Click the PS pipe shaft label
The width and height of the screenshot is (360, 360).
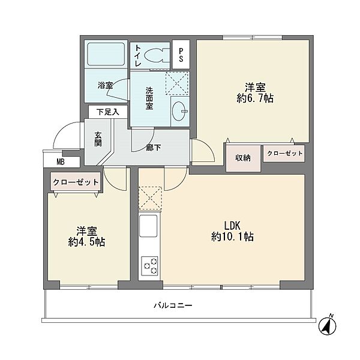(181, 55)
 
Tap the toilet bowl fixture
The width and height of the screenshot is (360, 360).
(157, 55)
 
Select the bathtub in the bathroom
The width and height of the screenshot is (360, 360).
(106, 54)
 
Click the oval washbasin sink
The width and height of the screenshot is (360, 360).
(180, 112)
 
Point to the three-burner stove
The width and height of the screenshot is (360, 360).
(149, 266)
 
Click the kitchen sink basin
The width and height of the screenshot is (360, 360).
(148, 226)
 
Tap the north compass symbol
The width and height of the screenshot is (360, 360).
(328, 325)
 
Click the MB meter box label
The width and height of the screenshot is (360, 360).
(61, 162)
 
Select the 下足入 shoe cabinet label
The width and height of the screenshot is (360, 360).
(108, 112)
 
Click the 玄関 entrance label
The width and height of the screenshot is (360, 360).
(98, 139)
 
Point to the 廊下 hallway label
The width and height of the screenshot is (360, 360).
(154, 148)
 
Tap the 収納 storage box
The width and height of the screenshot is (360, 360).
(243, 158)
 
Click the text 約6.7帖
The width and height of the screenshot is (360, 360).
(255, 98)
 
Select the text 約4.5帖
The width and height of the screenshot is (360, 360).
(86, 242)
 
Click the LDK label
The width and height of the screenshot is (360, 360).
(232, 226)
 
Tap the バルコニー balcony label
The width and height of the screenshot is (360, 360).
(173, 305)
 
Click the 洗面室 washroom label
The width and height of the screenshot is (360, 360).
(149, 98)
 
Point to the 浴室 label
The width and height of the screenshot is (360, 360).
(105, 86)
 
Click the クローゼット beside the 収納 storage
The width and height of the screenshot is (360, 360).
(284, 154)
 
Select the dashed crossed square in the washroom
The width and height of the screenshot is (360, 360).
(177, 83)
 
